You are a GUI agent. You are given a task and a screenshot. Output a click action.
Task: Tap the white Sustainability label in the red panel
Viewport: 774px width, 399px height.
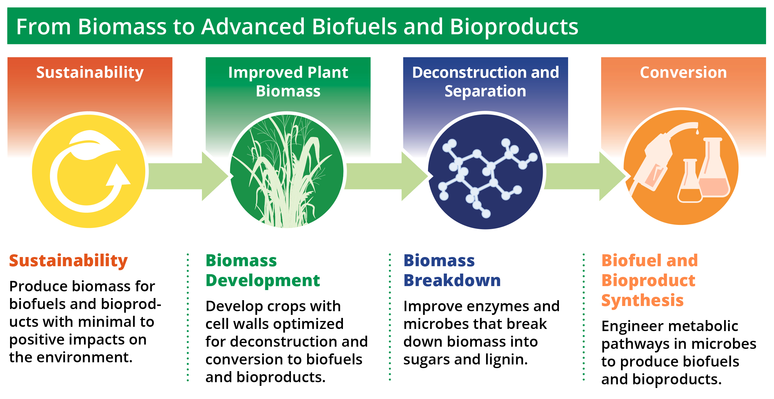click(x=90, y=73)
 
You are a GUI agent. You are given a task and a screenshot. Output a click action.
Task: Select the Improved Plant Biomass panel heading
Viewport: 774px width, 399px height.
click(x=288, y=82)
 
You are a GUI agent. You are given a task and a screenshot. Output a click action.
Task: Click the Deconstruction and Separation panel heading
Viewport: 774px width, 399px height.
click(x=486, y=82)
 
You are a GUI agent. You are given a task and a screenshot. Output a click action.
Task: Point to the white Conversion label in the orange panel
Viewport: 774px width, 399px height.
click(x=683, y=73)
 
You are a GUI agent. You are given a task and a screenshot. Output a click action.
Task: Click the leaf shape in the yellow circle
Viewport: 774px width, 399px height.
click(x=93, y=145)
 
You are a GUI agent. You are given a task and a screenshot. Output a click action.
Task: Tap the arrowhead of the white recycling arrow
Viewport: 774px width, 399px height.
click(x=118, y=175)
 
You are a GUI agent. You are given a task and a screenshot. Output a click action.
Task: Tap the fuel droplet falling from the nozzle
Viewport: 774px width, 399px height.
click(x=697, y=132)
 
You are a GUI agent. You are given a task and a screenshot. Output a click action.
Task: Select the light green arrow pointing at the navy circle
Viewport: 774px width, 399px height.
click(x=386, y=176)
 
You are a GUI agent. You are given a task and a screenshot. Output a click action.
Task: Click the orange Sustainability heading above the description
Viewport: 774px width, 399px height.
click(x=69, y=261)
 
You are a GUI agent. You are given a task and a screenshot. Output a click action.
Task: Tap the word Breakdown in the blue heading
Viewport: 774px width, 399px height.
click(x=452, y=280)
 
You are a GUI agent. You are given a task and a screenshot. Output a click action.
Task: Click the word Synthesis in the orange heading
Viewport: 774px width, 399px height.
click(x=642, y=301)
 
